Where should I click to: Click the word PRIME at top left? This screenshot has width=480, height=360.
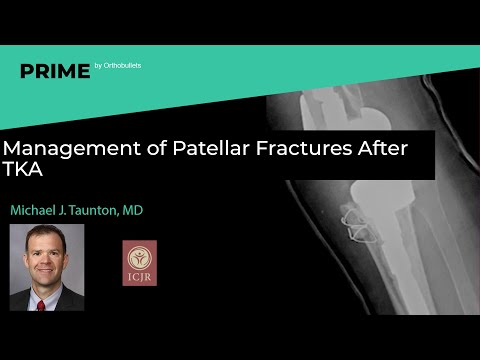point(53,71)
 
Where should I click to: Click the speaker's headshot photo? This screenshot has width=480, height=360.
point(47,254)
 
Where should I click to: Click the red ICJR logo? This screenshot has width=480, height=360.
point(139,262)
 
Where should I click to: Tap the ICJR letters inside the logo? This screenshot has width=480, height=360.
point(139,278)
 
